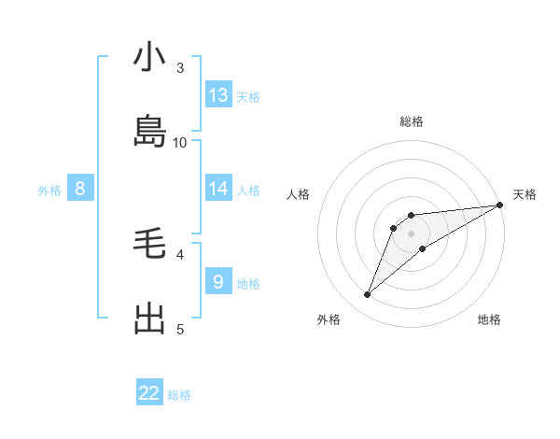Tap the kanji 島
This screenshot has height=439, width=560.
[149, 132]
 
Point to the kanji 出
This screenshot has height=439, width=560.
[149, 319]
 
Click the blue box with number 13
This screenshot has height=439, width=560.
[218, 95]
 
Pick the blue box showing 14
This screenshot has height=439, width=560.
[218, 189]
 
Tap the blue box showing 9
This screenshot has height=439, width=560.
[218, 281]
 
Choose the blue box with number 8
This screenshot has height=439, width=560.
[80, 189]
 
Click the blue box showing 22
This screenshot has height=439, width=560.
[149, 393]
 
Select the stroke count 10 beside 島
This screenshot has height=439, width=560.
[180, 142]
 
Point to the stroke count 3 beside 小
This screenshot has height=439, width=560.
[180, 67]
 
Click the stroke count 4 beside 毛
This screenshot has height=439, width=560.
[180, 253]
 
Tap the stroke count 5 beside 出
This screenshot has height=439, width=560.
[180, 329]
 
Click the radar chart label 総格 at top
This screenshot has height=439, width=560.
[412, 121]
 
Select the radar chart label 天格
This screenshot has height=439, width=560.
[525, 194]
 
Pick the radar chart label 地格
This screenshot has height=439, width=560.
[489, 319]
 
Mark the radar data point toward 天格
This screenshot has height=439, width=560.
[499, 205]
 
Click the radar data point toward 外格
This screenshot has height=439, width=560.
[368, 295]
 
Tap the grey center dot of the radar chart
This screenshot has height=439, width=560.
[412, 234]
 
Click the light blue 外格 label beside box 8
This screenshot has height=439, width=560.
[49, 191]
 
